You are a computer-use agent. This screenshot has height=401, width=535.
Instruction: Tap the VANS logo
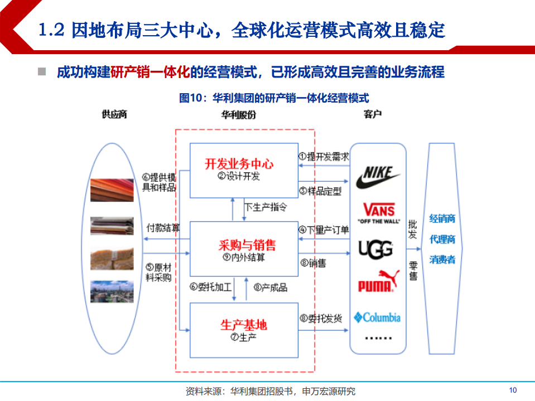pos(378,212)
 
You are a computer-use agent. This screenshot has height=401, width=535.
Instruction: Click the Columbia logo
pos(377,317)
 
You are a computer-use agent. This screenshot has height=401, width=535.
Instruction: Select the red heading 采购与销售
pos(247,245)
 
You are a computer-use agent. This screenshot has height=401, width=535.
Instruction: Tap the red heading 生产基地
pos(243,325)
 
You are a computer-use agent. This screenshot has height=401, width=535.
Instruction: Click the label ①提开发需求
pos(324,157)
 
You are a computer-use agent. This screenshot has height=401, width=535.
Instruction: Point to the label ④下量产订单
pos(324,229)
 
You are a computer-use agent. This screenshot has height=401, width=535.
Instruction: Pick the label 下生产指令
pos(266,207)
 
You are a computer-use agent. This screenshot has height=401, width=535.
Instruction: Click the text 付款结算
pos(163,228)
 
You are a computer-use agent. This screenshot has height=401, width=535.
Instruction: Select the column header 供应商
pos(114,114)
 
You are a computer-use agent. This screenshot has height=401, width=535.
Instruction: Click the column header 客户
pos(372,114)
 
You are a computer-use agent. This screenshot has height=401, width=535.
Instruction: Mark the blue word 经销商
pos(442,219)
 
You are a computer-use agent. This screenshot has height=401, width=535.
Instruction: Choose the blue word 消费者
pos(442,259)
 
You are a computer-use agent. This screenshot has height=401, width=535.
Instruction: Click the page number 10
pos(513,390)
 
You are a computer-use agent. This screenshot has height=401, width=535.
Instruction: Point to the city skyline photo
pos(112,291)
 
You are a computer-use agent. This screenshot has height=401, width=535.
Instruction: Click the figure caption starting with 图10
pos(274,98)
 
